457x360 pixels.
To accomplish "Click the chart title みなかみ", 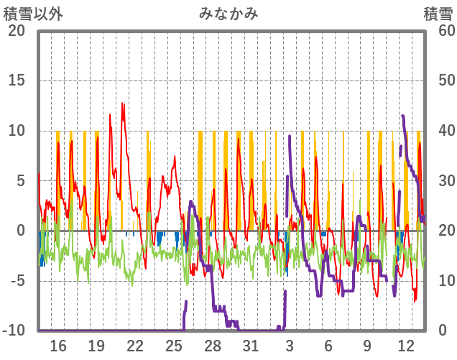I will pos(228,13).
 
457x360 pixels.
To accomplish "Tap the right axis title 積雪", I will pos(437,13).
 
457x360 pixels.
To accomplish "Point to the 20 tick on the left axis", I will pos(17,31).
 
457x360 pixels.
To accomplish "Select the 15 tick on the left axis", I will pos(17,80).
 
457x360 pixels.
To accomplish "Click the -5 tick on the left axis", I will pos(17,280).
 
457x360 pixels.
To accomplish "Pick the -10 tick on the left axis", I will pos(14,331).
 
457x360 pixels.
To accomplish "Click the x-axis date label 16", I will pos(57,346).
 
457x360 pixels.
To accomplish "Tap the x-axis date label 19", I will pos(96,346).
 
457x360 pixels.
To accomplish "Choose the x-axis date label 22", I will pos(135,346).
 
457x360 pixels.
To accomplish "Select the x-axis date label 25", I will pos(174,346).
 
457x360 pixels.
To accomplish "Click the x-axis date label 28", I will pos(213,346).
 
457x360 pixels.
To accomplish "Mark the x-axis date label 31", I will pos(251,346).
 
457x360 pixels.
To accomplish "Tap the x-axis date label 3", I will pos(290,346).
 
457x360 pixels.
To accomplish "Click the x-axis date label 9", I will pos(367,346).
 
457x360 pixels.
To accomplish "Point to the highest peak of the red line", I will pos(122,103).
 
